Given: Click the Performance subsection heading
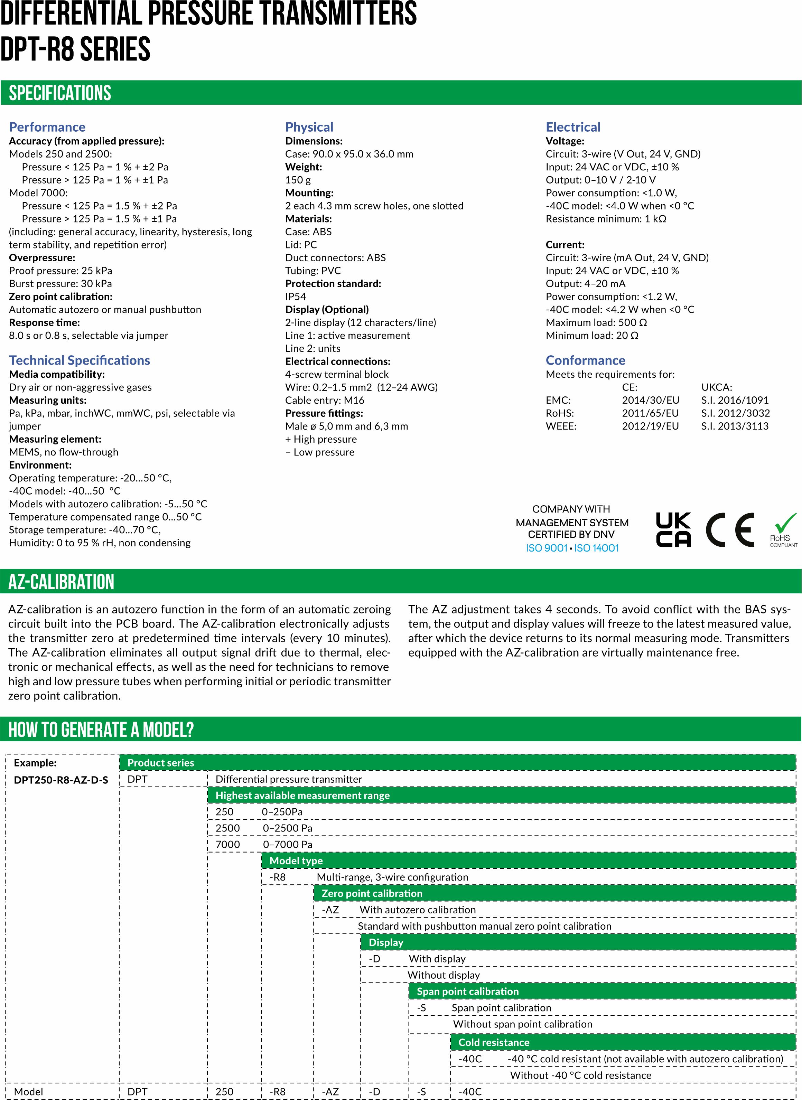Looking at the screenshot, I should pos(47,127).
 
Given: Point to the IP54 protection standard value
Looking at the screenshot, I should pos(296,297).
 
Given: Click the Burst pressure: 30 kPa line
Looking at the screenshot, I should pos(60,283).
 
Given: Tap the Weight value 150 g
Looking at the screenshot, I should pos(298,180).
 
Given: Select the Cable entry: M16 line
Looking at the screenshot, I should pos(324,400).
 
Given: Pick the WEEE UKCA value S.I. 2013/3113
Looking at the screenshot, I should pos(735,426).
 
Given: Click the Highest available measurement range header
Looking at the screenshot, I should pos(302,795).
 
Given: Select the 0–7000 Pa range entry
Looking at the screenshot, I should pos(287,844).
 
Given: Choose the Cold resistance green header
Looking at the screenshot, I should pos(493,1042).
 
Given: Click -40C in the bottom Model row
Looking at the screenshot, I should pos(470,1092).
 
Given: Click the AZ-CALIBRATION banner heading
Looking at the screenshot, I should pos(61,582).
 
